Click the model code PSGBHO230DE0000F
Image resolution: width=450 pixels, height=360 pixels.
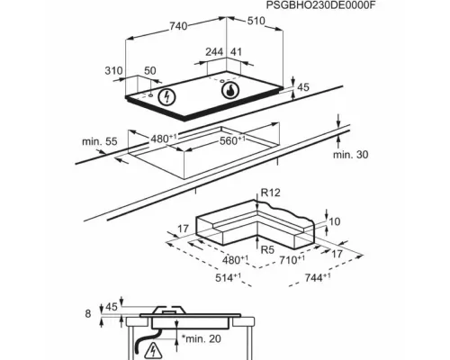320,5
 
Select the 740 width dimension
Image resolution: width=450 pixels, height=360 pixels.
178,26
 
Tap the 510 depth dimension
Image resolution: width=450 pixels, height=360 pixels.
256,21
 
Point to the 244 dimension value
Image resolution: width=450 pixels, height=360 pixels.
214,52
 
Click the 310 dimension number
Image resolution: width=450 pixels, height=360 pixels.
113,71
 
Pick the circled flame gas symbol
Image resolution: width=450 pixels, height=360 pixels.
230,90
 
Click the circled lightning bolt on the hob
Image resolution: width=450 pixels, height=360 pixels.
166,96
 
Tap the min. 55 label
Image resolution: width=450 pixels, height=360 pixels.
100,141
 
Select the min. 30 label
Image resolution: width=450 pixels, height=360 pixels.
350,155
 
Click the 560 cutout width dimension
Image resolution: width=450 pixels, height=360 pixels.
232,140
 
